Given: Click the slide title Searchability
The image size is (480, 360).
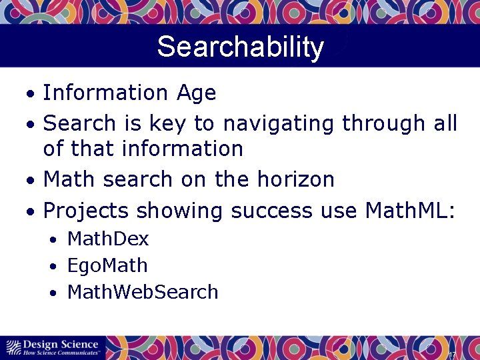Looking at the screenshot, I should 240,47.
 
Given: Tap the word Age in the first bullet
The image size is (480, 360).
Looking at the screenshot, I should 197,93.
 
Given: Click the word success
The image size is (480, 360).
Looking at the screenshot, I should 271,211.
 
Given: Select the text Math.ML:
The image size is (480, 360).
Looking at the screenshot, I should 410,211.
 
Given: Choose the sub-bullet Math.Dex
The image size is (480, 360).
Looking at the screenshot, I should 108,239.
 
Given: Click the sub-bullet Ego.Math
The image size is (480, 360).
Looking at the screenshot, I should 107,265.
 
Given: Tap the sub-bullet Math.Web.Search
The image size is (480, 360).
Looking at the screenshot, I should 143,292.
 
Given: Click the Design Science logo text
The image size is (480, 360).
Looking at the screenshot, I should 61,343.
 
